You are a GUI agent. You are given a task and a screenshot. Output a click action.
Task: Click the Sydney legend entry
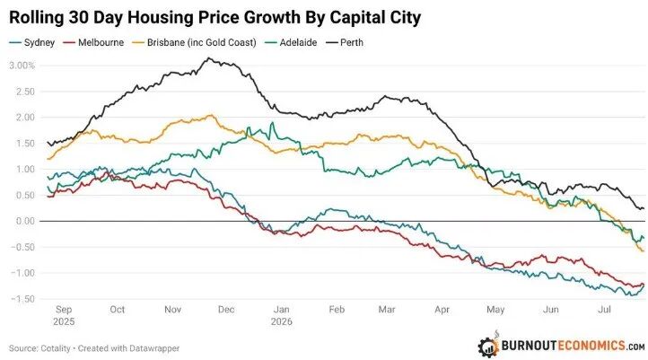point(31,42)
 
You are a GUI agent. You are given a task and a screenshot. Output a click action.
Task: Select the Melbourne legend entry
point(93,42)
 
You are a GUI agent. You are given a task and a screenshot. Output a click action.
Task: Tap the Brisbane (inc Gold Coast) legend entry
point(194,42)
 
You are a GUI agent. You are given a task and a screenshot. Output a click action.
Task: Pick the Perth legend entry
point(345,42)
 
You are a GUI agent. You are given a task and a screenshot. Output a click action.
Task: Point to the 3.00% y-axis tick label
point(22,66)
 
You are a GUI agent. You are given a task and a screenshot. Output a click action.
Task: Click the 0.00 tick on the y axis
point(25,221)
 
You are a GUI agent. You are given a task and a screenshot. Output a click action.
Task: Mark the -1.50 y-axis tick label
point(22,299)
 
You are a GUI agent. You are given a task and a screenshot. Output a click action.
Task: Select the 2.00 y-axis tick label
point(25,118)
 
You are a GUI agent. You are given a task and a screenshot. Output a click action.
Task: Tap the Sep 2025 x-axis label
point(64,315)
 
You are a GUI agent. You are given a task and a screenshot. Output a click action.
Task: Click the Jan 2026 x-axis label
point(282,315)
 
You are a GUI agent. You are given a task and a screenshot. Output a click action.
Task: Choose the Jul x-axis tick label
point(605,310)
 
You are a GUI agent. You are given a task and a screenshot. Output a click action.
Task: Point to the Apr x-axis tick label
point(442,310)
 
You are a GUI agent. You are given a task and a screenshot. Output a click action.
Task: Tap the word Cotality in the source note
point(56,348)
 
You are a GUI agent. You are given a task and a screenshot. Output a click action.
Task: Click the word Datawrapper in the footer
point(154,348)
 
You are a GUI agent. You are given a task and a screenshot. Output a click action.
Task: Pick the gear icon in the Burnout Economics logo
point(488,346)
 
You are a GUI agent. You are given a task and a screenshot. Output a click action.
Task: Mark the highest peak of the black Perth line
point(209,58)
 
